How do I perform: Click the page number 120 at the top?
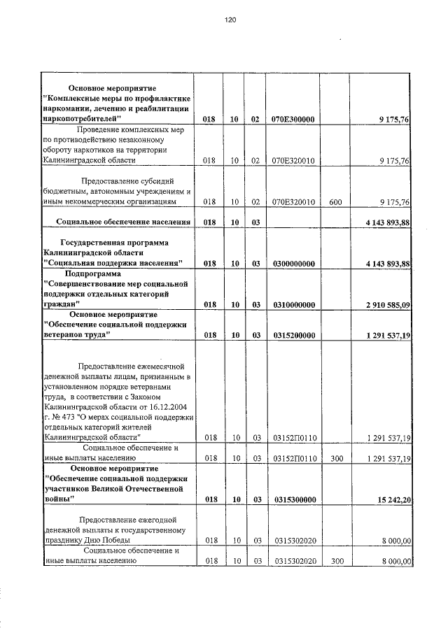[230, 20]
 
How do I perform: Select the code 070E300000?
[294, 120]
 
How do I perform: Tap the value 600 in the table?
[335, 202]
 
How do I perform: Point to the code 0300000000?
[294, 264]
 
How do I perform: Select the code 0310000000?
[294, 305]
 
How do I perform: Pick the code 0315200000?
[294, 336]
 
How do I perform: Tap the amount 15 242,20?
[392, 500]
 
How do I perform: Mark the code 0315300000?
[294, 500]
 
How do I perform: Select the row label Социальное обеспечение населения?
[123, 222]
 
